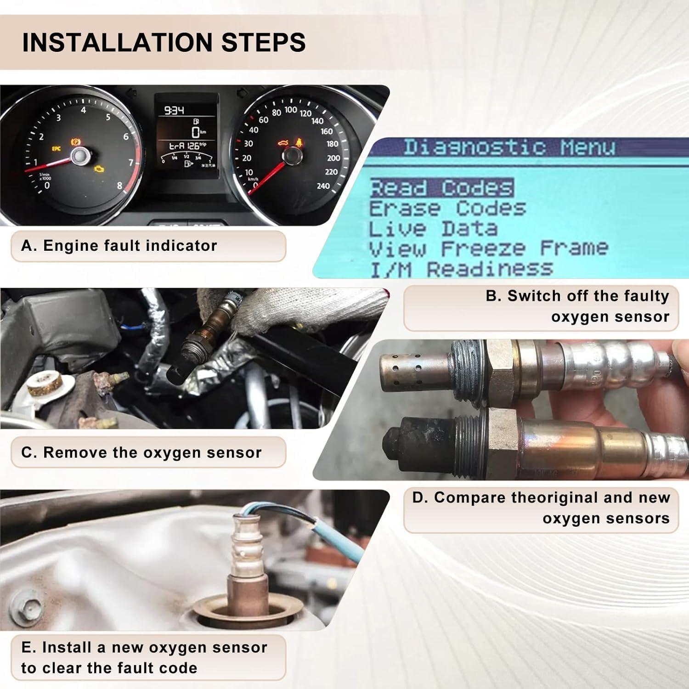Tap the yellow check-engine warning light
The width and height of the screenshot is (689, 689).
(98, 169)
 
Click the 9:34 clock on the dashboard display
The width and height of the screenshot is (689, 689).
(174, 110)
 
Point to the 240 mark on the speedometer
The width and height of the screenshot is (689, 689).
(323, 186)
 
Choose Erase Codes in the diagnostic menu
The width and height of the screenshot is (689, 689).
(447, 209)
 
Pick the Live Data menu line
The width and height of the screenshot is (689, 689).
(433, 229)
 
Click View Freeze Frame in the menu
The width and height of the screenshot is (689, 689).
(489, 248)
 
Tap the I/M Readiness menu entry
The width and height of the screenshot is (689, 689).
(461, 269)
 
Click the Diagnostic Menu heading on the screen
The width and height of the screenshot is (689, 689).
(509, 147)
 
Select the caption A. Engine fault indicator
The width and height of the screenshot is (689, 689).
(119, 246)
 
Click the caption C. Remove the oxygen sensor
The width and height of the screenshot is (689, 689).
(141, 452)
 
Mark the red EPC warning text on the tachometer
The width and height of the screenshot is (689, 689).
(56, 148)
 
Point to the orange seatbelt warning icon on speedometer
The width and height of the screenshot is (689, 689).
(299, 141)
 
